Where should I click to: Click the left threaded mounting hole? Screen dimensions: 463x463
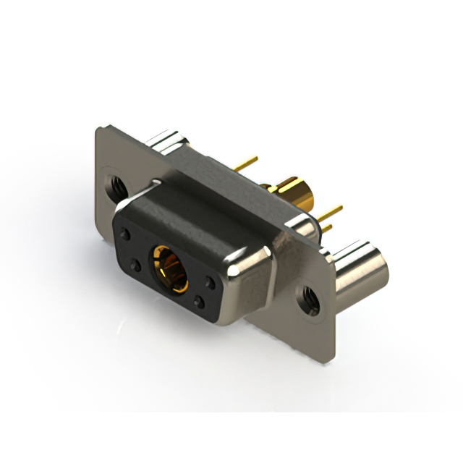point(116,185)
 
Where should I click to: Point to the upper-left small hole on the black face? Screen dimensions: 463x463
point(126,235)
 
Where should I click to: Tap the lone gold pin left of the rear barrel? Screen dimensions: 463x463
point(246,163)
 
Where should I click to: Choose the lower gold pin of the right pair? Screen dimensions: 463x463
point(327,227)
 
